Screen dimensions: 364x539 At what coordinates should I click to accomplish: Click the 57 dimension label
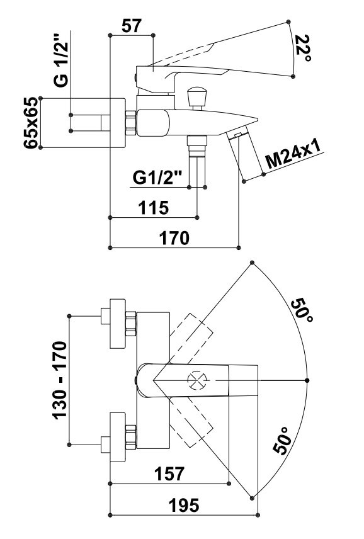pos(131,26)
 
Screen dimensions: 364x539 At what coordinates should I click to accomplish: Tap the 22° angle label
pos(303,48)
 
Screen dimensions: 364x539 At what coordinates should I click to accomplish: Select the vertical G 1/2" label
pos(62,60)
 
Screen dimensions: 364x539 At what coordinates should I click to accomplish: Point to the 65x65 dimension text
pos(31,122)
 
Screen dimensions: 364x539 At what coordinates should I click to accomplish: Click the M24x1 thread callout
pos(294,154)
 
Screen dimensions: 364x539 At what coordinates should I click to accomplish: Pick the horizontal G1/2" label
pos(157,178)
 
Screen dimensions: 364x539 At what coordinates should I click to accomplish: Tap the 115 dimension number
pos(153,208)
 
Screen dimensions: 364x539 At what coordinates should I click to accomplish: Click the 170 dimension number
pos(174,238)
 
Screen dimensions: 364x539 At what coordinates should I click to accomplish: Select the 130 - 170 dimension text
pos(60,380)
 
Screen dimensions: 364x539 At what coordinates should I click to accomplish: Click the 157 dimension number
pos(169,474)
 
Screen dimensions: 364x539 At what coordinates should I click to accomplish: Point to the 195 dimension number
pos(184,505)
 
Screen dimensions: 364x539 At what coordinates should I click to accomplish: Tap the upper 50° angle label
pos(302,310)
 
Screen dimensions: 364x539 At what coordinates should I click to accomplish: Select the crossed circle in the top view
pos(198,380)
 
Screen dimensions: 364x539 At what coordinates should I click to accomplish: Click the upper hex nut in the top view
pos(131,324)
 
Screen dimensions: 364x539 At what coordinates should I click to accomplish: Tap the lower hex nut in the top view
pos(131,437)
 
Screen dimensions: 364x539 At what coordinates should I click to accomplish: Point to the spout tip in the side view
pos(257,119)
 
